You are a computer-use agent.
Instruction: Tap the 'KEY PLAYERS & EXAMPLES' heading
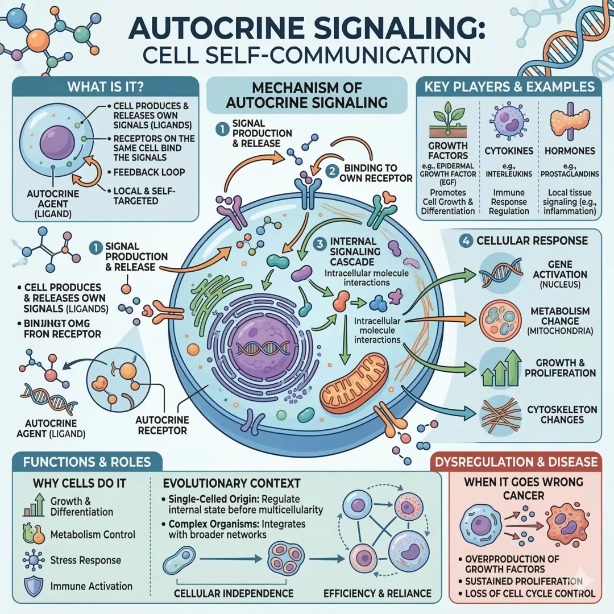[509, 87]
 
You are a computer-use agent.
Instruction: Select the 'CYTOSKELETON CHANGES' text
[562, 414]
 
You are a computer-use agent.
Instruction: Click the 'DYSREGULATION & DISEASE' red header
[524, 461]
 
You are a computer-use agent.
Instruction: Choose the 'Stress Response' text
[86, 560]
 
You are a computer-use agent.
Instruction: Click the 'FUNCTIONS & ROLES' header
[86, 461]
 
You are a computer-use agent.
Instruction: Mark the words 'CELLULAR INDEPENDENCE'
[234, 594]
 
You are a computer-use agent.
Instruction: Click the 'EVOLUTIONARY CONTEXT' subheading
[231, 483]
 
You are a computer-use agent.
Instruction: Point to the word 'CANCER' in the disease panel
[524, 496]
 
